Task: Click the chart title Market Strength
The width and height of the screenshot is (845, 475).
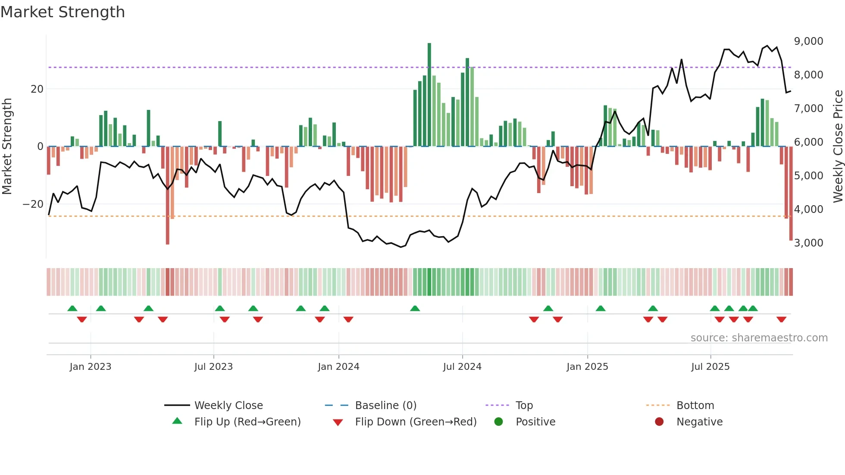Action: [x=63, y=12]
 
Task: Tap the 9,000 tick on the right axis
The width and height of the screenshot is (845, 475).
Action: [x=808, y=41]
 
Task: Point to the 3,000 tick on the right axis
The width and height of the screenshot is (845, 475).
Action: [x=808, y=243]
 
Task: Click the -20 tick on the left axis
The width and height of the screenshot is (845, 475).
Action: [x=33, y=204]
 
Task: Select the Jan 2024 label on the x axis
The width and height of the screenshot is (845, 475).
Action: [x=338, y=367]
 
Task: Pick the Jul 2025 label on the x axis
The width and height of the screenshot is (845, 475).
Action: [x=710, y=367]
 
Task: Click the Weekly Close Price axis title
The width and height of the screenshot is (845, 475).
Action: [x=838, y=147]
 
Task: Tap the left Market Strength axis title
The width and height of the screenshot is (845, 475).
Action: [x=7, y=147]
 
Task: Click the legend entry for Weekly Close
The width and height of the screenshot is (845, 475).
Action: [x=228, y=406]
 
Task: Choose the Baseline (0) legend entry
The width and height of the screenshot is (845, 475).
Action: [x=385, y=406]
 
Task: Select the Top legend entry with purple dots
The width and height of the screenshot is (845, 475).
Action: [x=524, y=406]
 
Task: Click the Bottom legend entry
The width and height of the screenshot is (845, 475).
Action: [x=695, y=406]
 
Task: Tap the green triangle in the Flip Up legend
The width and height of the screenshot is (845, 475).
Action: [x=177, y=421]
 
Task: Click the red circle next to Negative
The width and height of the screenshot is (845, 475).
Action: [x=659, y=422]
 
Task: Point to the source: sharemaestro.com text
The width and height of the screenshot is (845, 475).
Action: [x=759, y=338]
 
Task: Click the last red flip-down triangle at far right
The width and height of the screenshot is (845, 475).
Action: [x=782, y=319]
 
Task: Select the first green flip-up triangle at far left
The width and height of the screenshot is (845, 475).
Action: [x=72, y=309]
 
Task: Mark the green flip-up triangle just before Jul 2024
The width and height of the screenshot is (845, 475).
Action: [x=415, y=309]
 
